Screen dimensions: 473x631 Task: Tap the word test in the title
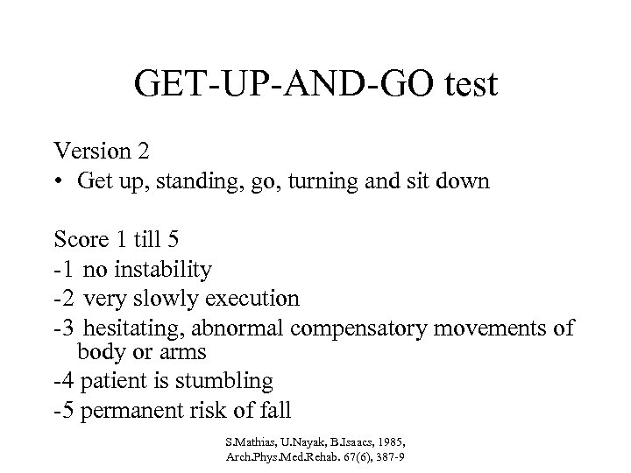[x=465, y=85]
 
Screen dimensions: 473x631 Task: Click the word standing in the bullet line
[x=192, y=182]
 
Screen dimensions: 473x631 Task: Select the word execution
[x=253, y=298]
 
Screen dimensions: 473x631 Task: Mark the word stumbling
[x=230, y=382]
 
